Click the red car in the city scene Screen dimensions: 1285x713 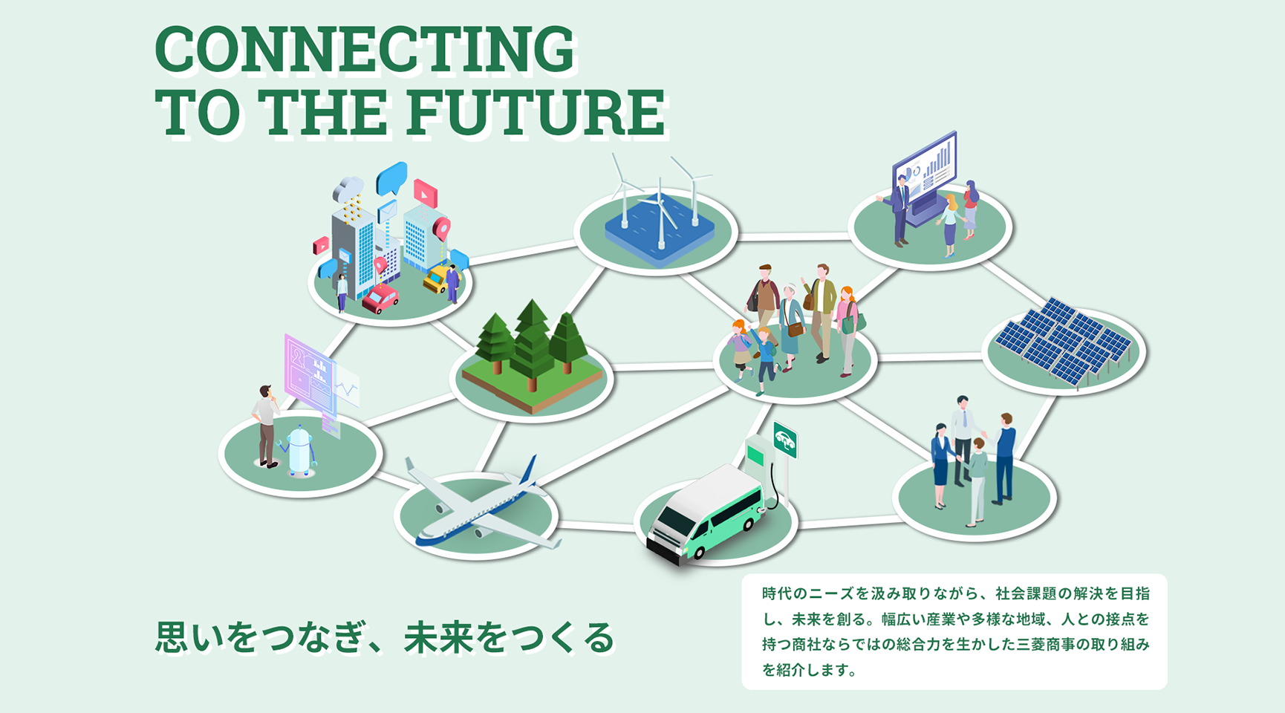click(380, 298)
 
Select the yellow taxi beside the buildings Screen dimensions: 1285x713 click(438, 278)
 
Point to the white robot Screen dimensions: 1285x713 click(299, 451)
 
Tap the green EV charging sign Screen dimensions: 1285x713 click(785, 440)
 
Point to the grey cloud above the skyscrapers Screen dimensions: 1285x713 click(348, 189)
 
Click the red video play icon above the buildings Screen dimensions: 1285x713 click(425, 193)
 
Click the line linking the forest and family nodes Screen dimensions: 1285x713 click(663, 366)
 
